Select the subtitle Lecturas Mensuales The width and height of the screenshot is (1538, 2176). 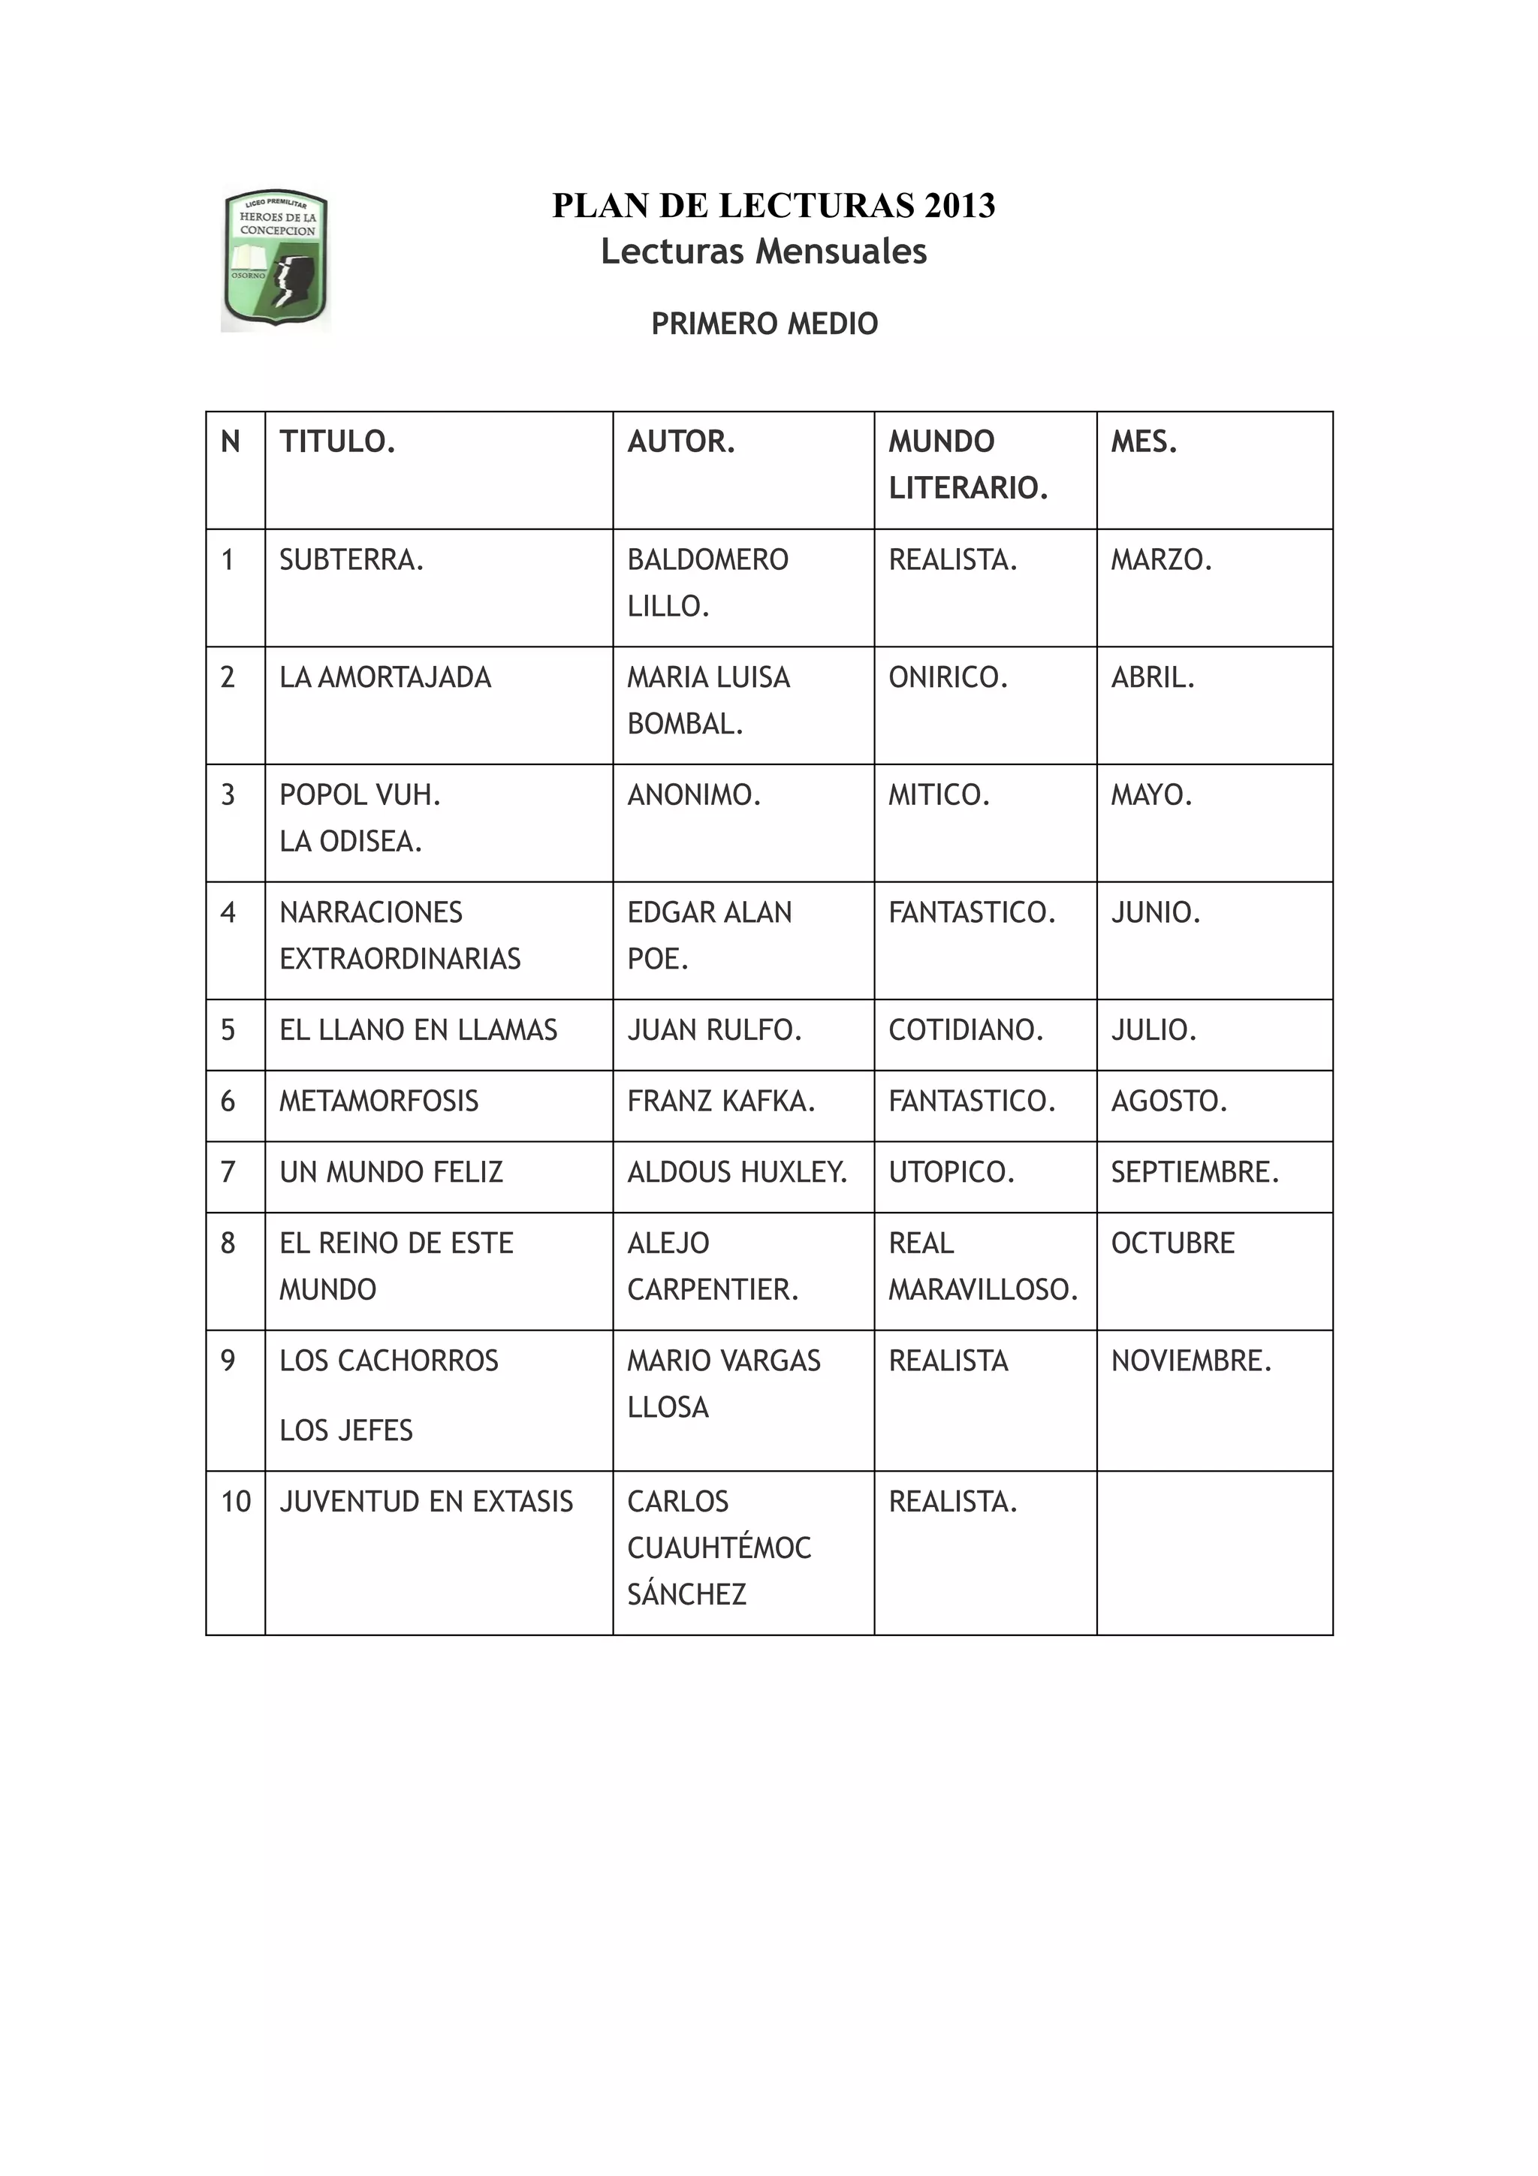tap(764, 251)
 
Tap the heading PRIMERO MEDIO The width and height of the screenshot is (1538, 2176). tap(764, 324)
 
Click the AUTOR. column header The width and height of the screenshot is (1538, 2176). tap(680, 442)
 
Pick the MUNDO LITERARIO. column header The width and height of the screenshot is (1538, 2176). tap(967, 464)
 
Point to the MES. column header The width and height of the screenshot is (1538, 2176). tap(1144, 442)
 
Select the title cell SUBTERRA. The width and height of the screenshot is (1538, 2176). tap(351, 560)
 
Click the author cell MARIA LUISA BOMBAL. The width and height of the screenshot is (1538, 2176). tap(708, 701)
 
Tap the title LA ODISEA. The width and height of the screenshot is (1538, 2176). tap(350, 842)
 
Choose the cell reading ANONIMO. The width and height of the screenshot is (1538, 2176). tap(694, 795)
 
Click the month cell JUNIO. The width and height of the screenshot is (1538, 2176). tap(1155, 912)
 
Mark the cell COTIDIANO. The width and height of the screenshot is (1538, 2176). tap(966, 1030)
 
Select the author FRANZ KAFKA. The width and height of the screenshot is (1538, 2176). tap(720, 1102)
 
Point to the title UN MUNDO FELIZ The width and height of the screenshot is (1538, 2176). tap(391, 1172)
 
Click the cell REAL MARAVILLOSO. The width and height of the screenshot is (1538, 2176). tap(983, 1266)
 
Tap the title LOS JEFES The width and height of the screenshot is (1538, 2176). tap(346, 1430)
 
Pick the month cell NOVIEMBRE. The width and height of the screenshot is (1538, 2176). tap(1191, 1361)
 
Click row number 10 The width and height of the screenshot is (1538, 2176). tap(235, 1501)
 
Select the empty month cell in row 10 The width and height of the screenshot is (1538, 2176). tap(1214, 1552)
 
